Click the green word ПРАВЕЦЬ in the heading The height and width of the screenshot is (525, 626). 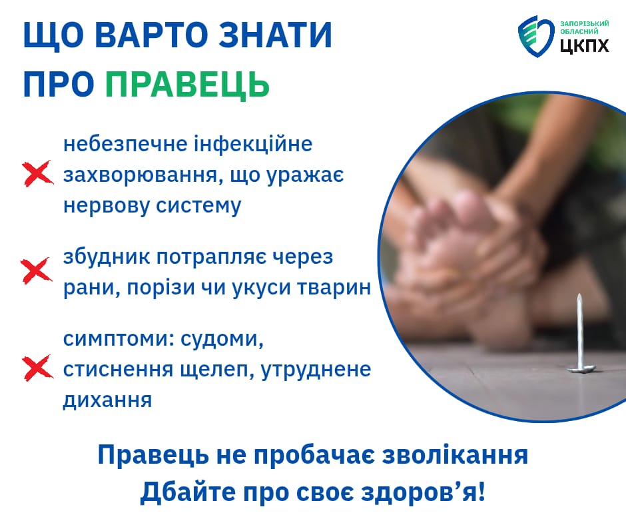pyautogui.click(x=187, y=85)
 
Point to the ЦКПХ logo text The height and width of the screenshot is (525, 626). pyautogui.click(x=585, y=45)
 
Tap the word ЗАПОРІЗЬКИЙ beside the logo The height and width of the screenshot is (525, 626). pyautogui.click(x=585, y=23)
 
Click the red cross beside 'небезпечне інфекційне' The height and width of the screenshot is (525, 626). pyautogui.click(x=37, y=173)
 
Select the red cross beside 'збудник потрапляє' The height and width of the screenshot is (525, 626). pyautogui.click(x=37, y=270)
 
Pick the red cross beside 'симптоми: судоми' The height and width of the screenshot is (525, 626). pyautogui.click(x=37, y=368)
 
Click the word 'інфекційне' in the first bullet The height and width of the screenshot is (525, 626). pyautogui.click(x=253, y=144)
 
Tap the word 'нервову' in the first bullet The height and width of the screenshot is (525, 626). pyautogui.click(x=106, y=206)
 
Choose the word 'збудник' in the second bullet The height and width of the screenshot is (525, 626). pyautogui.click(x=107, y=257)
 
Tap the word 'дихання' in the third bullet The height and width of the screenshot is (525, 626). pyautogui.click(x=107, y=400)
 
